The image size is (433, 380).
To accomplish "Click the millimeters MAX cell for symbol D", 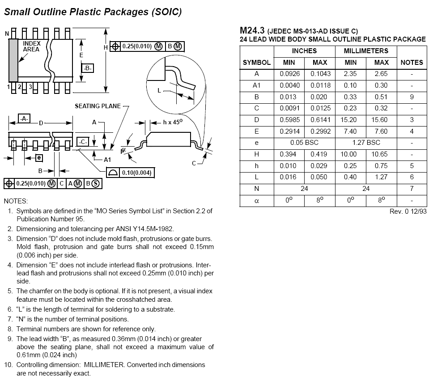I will (x=381, y=120).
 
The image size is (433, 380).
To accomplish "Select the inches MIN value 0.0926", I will (x=290, y=74).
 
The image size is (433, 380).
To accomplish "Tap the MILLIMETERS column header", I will (x=366, y=51).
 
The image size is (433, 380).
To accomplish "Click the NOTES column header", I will (x=412, y=63).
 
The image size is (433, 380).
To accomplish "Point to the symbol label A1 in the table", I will (x=256, y=85).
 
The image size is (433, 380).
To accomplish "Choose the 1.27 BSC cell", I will (x=366, y=143).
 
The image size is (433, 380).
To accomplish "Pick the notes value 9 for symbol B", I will (x=412, y=97).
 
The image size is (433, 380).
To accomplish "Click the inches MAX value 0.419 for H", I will (x=320, y=154).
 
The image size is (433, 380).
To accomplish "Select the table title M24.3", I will (x=252, y=30).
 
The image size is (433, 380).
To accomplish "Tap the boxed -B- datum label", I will (x=88, y=68).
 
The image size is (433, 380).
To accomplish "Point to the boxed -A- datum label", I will (x=24, y=118).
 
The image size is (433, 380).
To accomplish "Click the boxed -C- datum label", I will (x=82, y=141).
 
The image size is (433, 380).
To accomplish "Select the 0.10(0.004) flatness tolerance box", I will (x=130, y=173).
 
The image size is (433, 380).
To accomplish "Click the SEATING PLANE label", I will (x=98, y=106).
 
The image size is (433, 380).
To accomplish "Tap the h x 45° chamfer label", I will (x=173, y=122).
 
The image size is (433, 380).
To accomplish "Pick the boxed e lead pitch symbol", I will (x=39, y=157).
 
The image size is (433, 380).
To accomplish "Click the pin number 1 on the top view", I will (x=8, y=86).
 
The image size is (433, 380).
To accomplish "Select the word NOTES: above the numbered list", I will (x=16, y=201).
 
